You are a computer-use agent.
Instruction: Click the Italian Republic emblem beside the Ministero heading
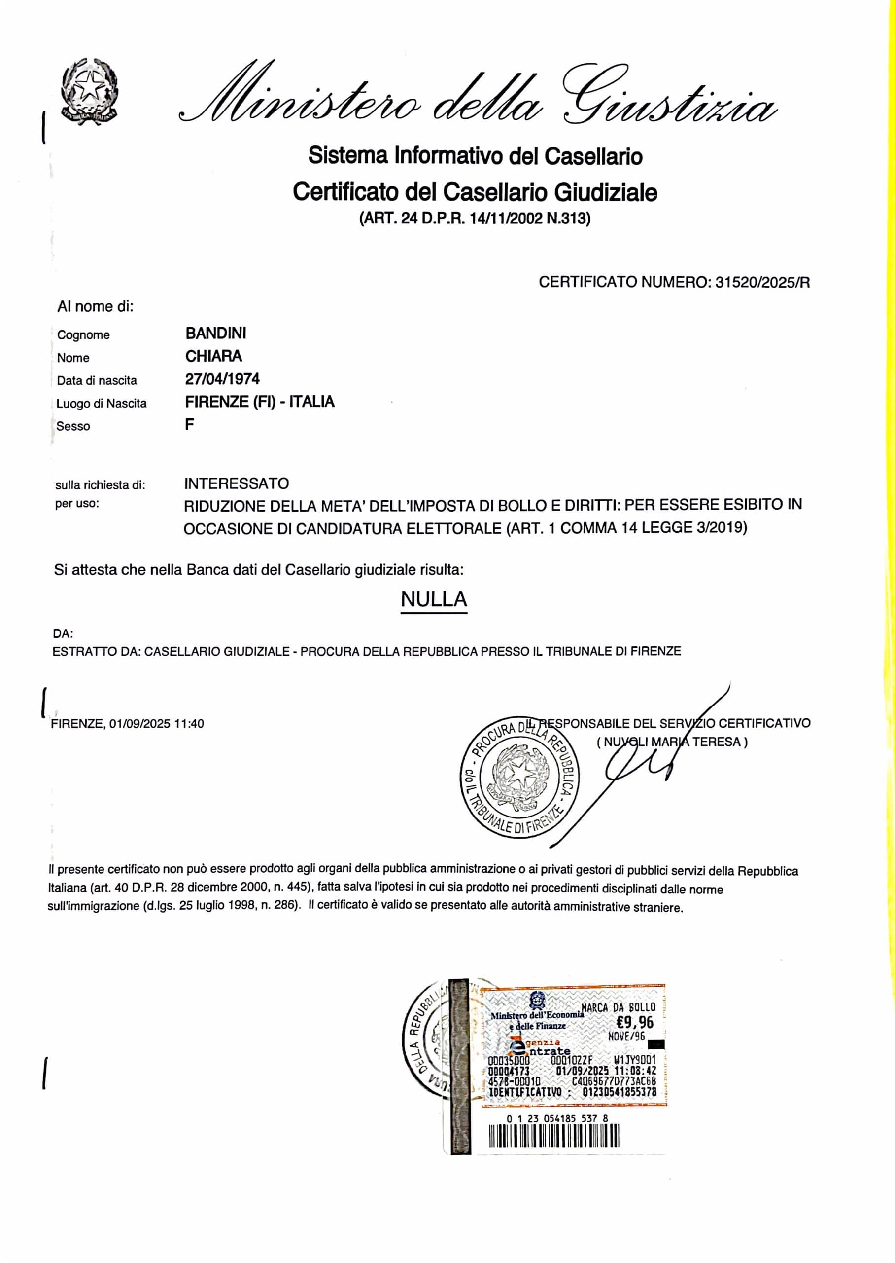coord(89,90)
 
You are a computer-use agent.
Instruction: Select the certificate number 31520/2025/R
coord(762,283)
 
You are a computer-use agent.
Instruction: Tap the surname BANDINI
coord(215,333)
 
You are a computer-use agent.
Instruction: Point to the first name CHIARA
coord(213,356)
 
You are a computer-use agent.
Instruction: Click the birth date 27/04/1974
coord(222,379)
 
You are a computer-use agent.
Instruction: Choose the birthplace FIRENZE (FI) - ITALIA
coord(260,402)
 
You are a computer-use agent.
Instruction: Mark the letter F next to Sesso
coord(190,425)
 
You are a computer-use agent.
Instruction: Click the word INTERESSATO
coord(237,483)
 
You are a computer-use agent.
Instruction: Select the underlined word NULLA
coord(434,599)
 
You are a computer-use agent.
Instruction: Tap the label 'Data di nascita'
coord(97,380)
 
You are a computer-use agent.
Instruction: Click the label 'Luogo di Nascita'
coord(102,404)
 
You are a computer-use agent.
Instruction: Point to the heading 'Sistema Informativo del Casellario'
coord(475,156)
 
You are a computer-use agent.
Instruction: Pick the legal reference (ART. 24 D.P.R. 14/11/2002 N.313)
coord(475,219)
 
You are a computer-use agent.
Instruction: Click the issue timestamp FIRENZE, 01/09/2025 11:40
coord(127,724)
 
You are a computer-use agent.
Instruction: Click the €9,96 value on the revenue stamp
coord(635,1023)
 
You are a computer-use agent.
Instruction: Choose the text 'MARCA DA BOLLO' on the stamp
coord(619,1007)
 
